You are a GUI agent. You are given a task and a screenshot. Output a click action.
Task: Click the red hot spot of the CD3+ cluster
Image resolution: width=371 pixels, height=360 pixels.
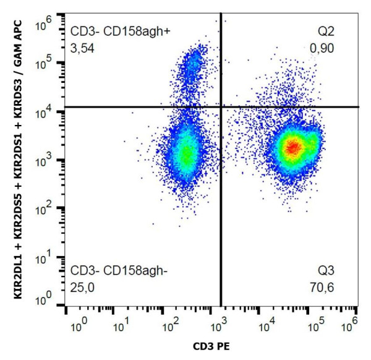[x=292, y=147]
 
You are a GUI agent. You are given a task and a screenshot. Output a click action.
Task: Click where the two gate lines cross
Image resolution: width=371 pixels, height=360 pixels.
[x=221, y=107]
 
